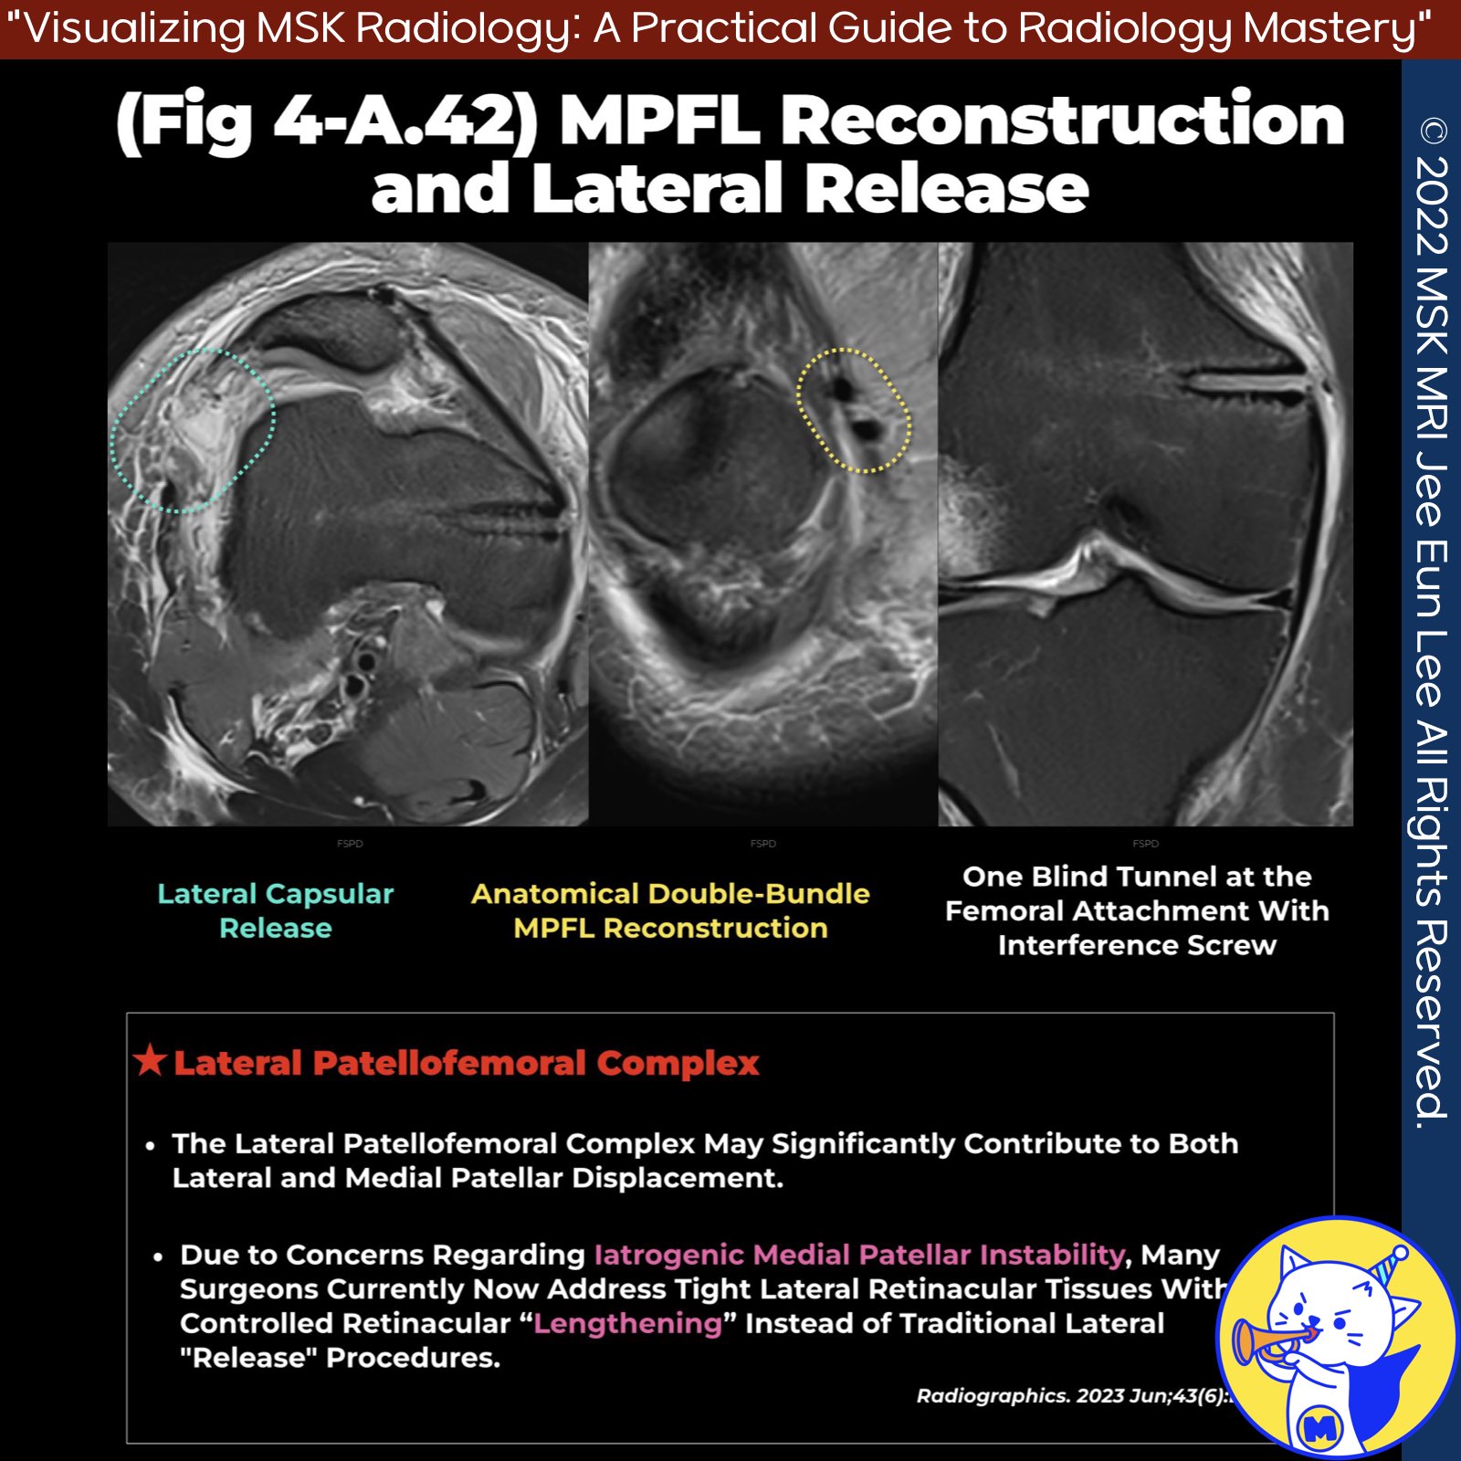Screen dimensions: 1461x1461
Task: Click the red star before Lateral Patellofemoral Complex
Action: [x=149, y=1061]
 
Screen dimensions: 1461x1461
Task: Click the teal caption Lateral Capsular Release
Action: [x=275, y=910]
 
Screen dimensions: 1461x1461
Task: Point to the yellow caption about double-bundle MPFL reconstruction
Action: [x=670, y=910]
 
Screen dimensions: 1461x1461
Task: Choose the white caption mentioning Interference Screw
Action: [x=1137, y=910]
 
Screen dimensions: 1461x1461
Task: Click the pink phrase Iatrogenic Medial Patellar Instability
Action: [x=858, y=1255]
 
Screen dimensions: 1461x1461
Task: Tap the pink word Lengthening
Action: [x=627, y=1323]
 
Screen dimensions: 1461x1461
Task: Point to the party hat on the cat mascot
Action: [x=1390, y=1265]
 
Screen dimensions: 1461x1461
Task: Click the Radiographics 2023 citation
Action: [x=1073, y=1395]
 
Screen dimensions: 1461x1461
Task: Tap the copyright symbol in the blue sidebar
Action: [x=1433, y=132]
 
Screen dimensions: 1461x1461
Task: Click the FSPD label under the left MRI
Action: [x=350, y=844]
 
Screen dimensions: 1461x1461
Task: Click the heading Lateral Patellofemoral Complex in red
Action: [x=466, y=1063]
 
